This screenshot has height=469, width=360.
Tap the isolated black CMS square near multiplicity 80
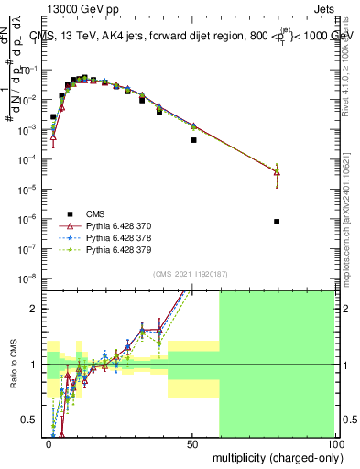[x=277, y=222]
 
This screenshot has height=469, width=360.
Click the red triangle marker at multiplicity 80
[x=277, y=172]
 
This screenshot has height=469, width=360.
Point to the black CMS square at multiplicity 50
[x=193, y=140]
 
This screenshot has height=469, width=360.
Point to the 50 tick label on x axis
[x=192, y=443]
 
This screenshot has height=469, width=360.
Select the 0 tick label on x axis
[x=49, y=443]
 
